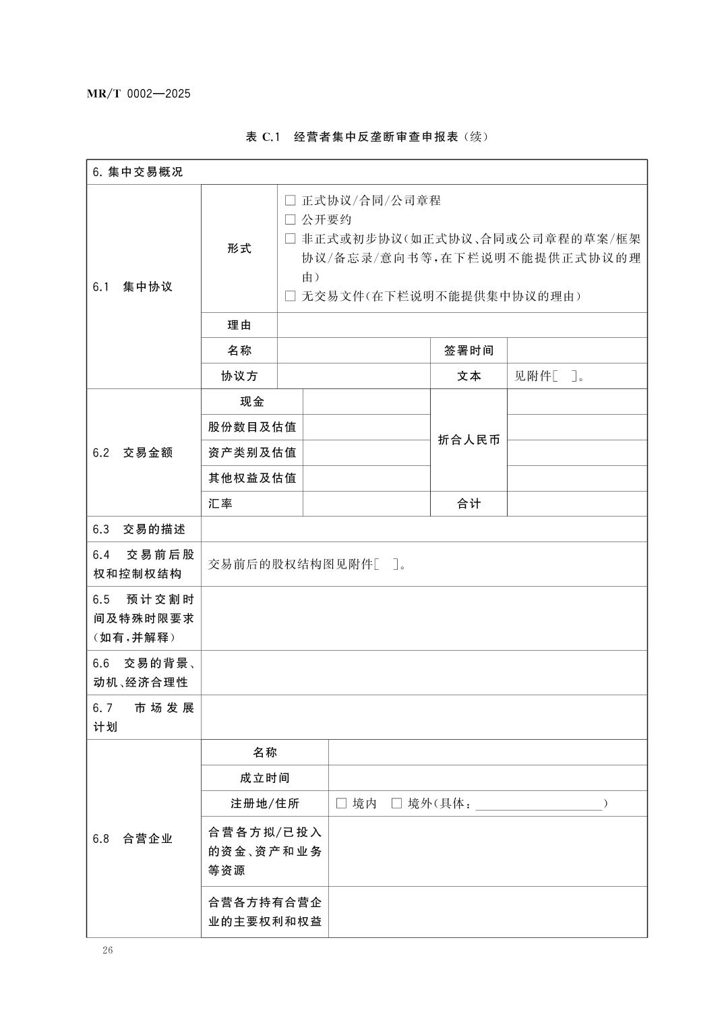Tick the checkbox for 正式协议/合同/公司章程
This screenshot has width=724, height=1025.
(x=291, y=200)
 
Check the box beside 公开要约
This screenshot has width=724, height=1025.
(x=291, y=219)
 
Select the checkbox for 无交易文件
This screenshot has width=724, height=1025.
(x=291, y=296)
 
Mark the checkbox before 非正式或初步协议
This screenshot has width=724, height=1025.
(x=291, y=239)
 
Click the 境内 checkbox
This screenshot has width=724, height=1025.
(x=341, y=803)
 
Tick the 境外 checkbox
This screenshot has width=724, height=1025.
(x=396, y=803)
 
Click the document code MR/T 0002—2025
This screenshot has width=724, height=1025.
(x=139, y=94)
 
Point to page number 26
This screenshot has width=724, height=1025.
(x=108, y=950)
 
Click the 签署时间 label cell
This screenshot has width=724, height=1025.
(x=469, y=351)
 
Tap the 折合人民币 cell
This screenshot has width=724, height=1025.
(x=469, y=440)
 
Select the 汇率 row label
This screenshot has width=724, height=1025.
(x=220, y=504)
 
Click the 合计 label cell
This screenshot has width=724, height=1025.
(x=469, y=504)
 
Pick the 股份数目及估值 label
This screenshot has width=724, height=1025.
(x=252, y=427)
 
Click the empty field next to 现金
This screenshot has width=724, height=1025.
(x=366, y=402)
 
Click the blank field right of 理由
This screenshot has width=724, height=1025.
(x=462, y=325)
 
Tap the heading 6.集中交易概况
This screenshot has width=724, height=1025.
(x=138, y=172)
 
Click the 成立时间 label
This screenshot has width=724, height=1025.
(x=264, y=778)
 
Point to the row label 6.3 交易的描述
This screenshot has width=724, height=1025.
(x=139, y=529)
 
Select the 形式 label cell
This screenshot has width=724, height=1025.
(x=239, y=248)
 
